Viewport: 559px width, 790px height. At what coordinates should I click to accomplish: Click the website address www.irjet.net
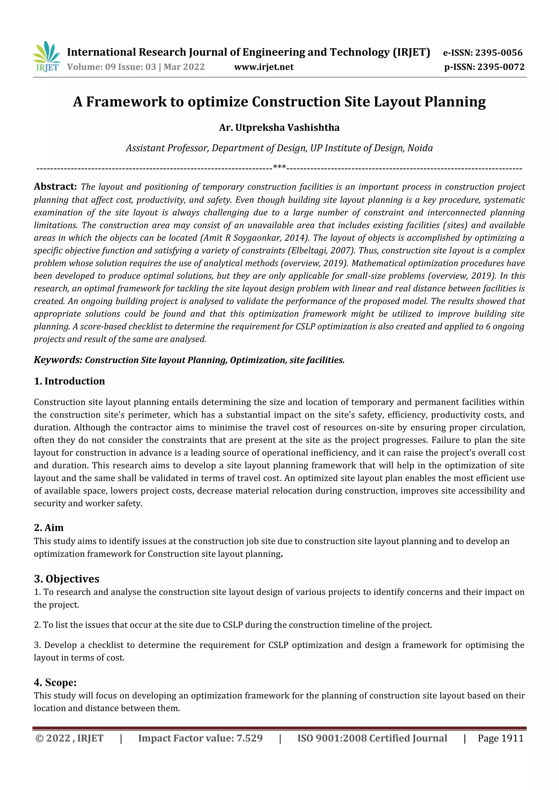click(264, 67)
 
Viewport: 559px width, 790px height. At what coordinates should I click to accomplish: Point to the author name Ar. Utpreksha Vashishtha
click(279, 128)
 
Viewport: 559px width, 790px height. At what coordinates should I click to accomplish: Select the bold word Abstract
click(55, 187)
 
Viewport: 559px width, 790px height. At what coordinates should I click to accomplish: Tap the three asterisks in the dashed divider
click(279, 167)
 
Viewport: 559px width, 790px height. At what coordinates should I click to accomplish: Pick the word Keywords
click(58, 360)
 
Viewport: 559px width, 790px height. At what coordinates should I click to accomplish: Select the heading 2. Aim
click(49, 528)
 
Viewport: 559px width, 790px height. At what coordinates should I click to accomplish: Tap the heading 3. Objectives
click(66, 579)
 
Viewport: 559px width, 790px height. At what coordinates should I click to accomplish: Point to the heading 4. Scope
click(55, 682)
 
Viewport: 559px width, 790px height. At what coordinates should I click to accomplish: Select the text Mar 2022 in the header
click(184, 67)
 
